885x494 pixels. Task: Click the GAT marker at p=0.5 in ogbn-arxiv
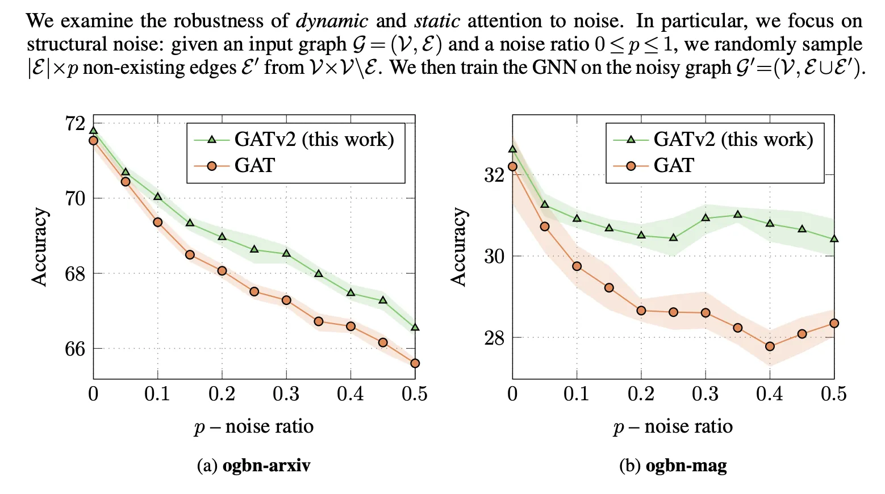[x=415, y=363]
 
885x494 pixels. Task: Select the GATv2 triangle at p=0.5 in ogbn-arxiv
[x=415, y=328]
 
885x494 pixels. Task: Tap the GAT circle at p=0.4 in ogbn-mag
[x=770, y=346]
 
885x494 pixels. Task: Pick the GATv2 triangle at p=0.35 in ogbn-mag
[x=738, y=215]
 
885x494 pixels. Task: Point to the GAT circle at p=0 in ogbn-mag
[x=512, y=166]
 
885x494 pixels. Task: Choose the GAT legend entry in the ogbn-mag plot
[x=674, y=166]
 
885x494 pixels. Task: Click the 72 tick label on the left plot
[x=75, y=123]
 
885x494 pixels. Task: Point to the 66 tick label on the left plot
[x=75, y=349]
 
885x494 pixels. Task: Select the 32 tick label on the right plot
[x=494, y=175]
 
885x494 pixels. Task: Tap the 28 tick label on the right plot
[x=494, y=338]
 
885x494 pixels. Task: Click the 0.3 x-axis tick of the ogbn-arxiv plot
[x=286, y=394]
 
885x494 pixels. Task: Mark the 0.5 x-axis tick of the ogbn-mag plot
[x=834, y=394]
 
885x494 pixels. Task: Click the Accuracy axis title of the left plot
[x=39, y=246]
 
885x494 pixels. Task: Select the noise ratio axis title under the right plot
[x=673, y=426]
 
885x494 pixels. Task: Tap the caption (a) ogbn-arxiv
[x=253, y=466]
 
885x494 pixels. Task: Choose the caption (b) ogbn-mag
[x=673, y=466]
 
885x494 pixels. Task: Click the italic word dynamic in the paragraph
[x=332, y=21]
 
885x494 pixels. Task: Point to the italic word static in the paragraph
[x=437, y=21]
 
